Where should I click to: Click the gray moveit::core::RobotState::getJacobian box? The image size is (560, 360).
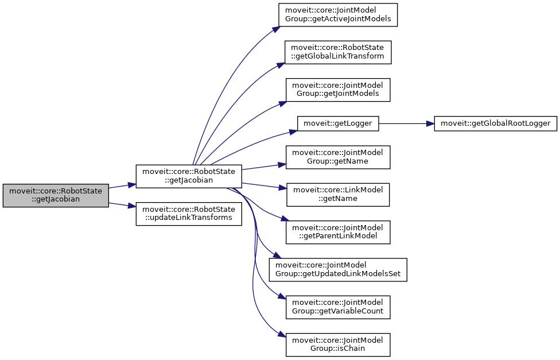[56, 196]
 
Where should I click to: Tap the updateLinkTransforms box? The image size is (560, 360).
[189, 214]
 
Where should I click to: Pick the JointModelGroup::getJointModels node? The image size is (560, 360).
[339, 90]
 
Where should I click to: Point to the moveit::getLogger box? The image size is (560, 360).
[338, 123]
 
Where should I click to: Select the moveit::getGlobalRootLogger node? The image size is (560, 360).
[495, 123]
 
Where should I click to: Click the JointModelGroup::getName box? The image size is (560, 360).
[339, 157]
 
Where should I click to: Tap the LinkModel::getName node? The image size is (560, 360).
[339, 194]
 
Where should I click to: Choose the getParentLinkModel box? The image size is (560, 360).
[339, 231]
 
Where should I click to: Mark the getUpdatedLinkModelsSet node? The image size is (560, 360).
[339, 269]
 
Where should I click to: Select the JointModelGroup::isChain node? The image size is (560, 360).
[339, 344]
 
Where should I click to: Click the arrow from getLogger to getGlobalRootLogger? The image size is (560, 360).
[402, 123]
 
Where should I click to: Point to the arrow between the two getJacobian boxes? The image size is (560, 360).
[122, 186]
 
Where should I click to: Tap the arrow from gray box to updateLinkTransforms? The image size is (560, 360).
[122, 205]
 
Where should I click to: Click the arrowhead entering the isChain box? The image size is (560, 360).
[282, 336]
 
